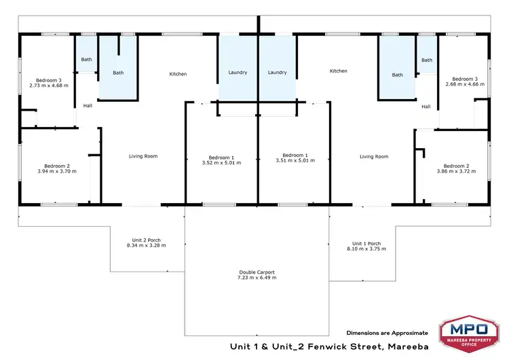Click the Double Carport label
pos(257,272)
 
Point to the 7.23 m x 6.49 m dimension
pos(257,278)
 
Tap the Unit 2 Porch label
pos(146,239)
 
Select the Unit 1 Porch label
pos(366,243)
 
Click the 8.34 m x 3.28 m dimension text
pos(146,245)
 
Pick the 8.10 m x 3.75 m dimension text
pos(366,249)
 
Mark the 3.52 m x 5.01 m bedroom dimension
pos(221,162)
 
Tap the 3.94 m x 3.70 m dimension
pos(57,171)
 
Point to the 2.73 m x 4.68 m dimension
pos(46,86)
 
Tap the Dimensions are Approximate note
pos(388,333)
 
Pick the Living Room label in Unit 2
pos(143,156)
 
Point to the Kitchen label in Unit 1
pos(339,71)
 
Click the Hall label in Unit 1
pos(426,106)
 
